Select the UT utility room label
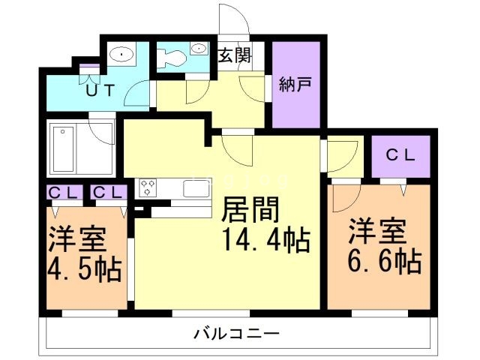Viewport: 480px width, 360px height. click(99, 91)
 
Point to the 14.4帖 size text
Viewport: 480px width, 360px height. click(265, 241)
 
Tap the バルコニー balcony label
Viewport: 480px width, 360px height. click(237, 332)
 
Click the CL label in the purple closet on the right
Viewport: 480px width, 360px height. click(401, 155)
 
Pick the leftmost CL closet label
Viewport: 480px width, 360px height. click(64, 193)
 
